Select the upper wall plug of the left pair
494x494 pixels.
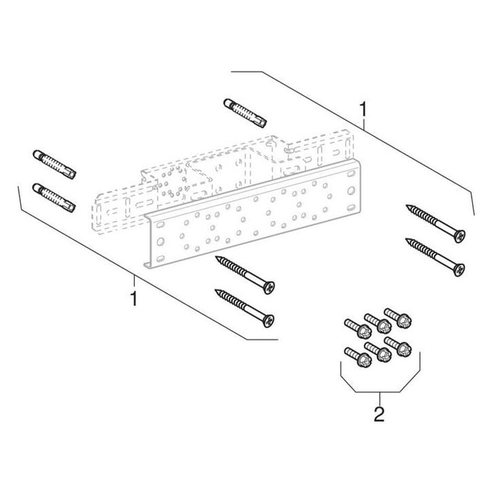point(54,164)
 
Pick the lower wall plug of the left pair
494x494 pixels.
point(54,198)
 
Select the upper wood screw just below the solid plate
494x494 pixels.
point(245,273)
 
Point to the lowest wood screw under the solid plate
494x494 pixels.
point(245,307)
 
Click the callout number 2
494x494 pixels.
point(379,414)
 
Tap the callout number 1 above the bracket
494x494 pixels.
point(363,110)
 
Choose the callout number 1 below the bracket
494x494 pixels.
point(133,298)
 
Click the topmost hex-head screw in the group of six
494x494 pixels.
point(398,318)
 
